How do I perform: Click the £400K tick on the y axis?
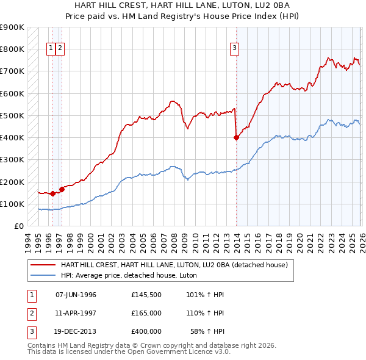tap(12, 138)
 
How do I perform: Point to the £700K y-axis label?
tap(12, 71)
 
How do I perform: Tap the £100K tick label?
tap(12, 204)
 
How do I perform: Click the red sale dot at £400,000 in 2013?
tap(237, 138)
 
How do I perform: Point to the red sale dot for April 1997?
tap(62, 190)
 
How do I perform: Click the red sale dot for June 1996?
tap(53, 194)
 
